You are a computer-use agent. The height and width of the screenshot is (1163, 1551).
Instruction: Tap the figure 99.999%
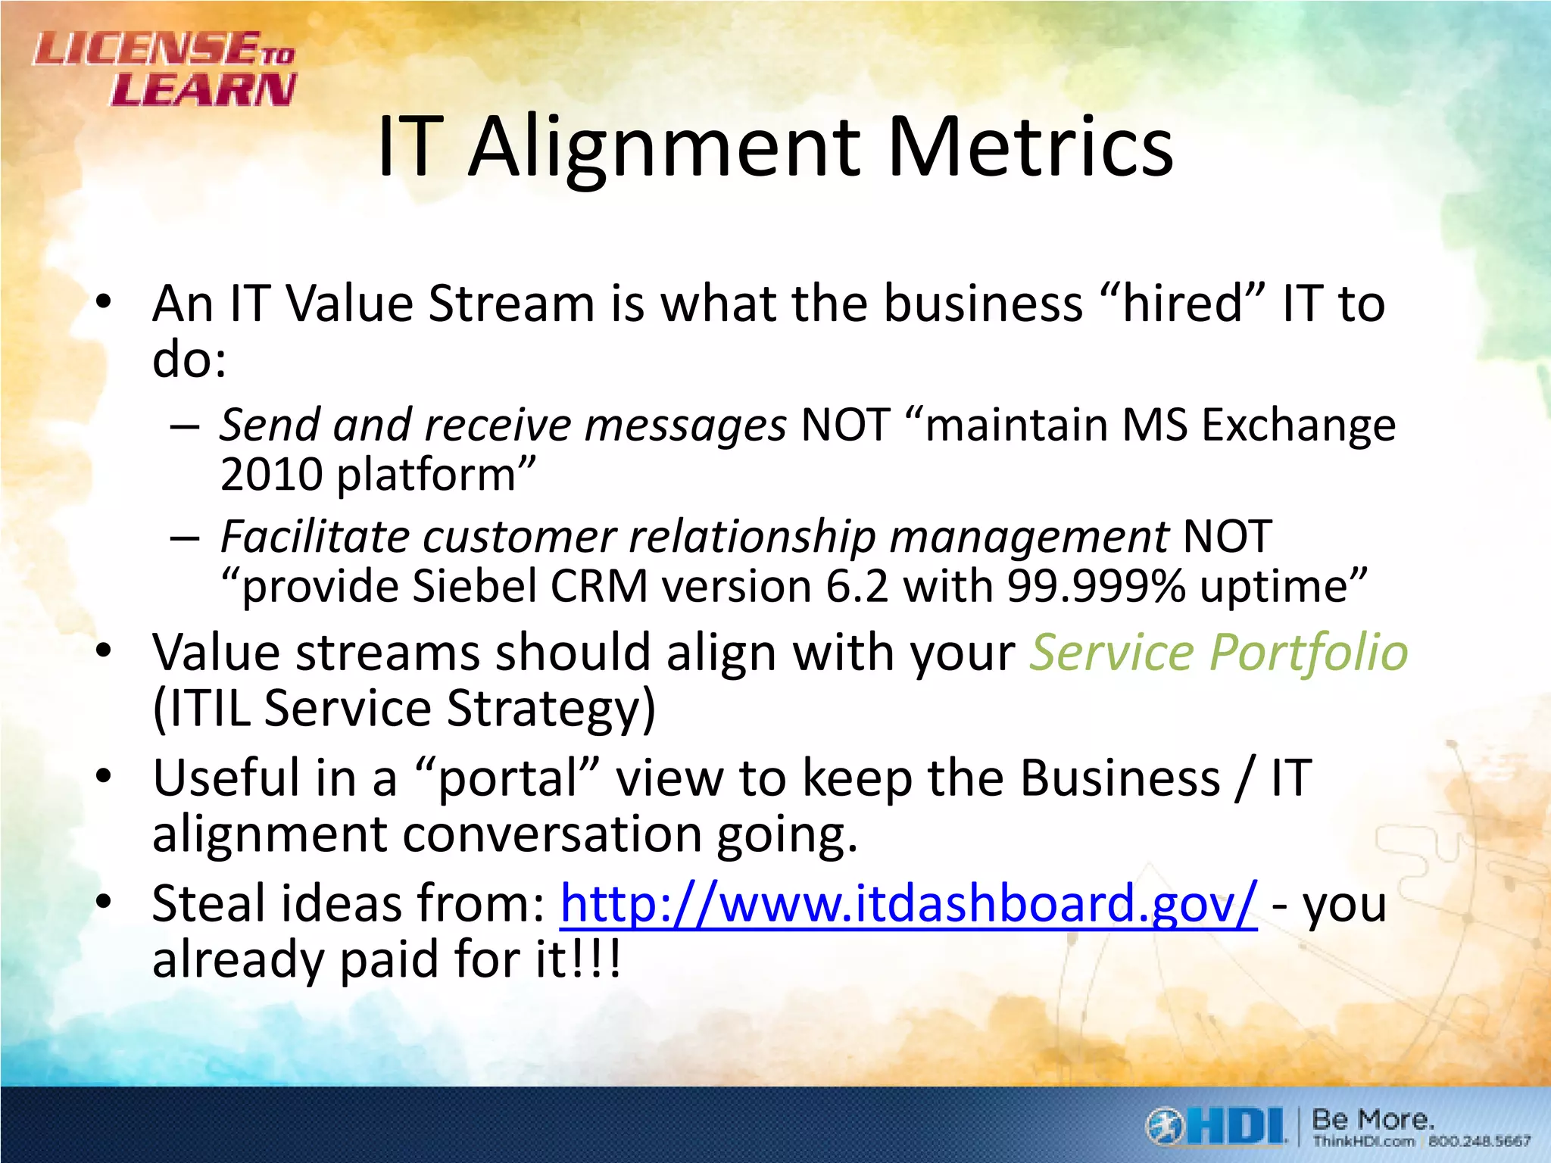click(1096, 587)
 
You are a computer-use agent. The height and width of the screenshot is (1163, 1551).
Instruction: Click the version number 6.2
click(857, 587)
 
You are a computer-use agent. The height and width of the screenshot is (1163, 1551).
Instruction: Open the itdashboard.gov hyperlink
click(908, 904)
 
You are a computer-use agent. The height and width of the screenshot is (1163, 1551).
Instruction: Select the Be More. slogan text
click(1372, 1119)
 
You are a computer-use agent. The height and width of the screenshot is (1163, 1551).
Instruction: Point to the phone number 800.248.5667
click(1479, 1141)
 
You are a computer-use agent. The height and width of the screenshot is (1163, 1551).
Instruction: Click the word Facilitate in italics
click(314, 538)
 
